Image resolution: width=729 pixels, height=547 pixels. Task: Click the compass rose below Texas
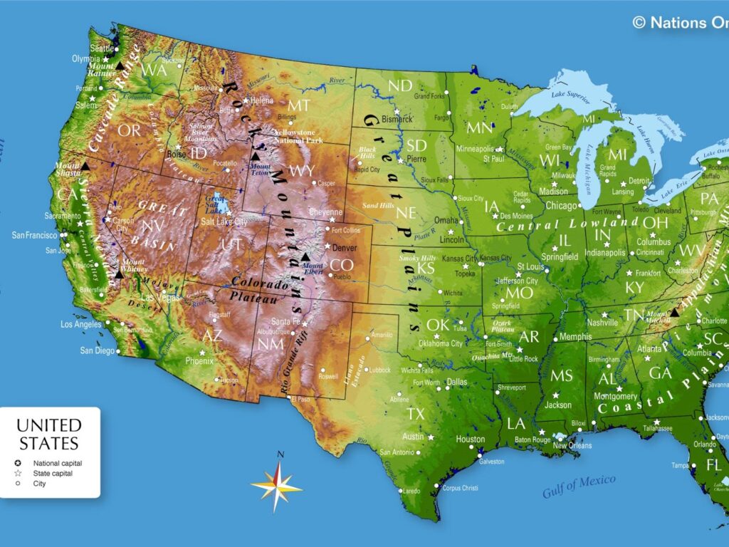coord(277,486)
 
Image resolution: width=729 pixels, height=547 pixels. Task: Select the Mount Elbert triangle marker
coord(305,257)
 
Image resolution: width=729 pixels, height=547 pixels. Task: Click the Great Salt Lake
coord(219,205)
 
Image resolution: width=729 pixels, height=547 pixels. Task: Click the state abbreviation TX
coord(415,413)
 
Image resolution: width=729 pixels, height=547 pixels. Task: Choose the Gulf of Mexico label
coord(578,486)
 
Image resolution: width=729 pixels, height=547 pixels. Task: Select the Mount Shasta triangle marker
coord(85,166)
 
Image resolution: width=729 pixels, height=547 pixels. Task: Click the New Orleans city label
coord(572,445)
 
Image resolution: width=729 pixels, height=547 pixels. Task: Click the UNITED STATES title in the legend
coord(49,434)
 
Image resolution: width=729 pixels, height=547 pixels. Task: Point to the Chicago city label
coord(562,206)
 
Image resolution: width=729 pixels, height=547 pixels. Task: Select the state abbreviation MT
coord(299,105)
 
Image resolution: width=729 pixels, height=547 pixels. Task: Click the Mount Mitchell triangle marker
coord(674,312)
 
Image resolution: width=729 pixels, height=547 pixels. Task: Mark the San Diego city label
coord(97,350)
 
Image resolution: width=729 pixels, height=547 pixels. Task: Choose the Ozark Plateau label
coord(502,325)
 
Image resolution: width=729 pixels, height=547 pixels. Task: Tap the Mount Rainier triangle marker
coord(120,66)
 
